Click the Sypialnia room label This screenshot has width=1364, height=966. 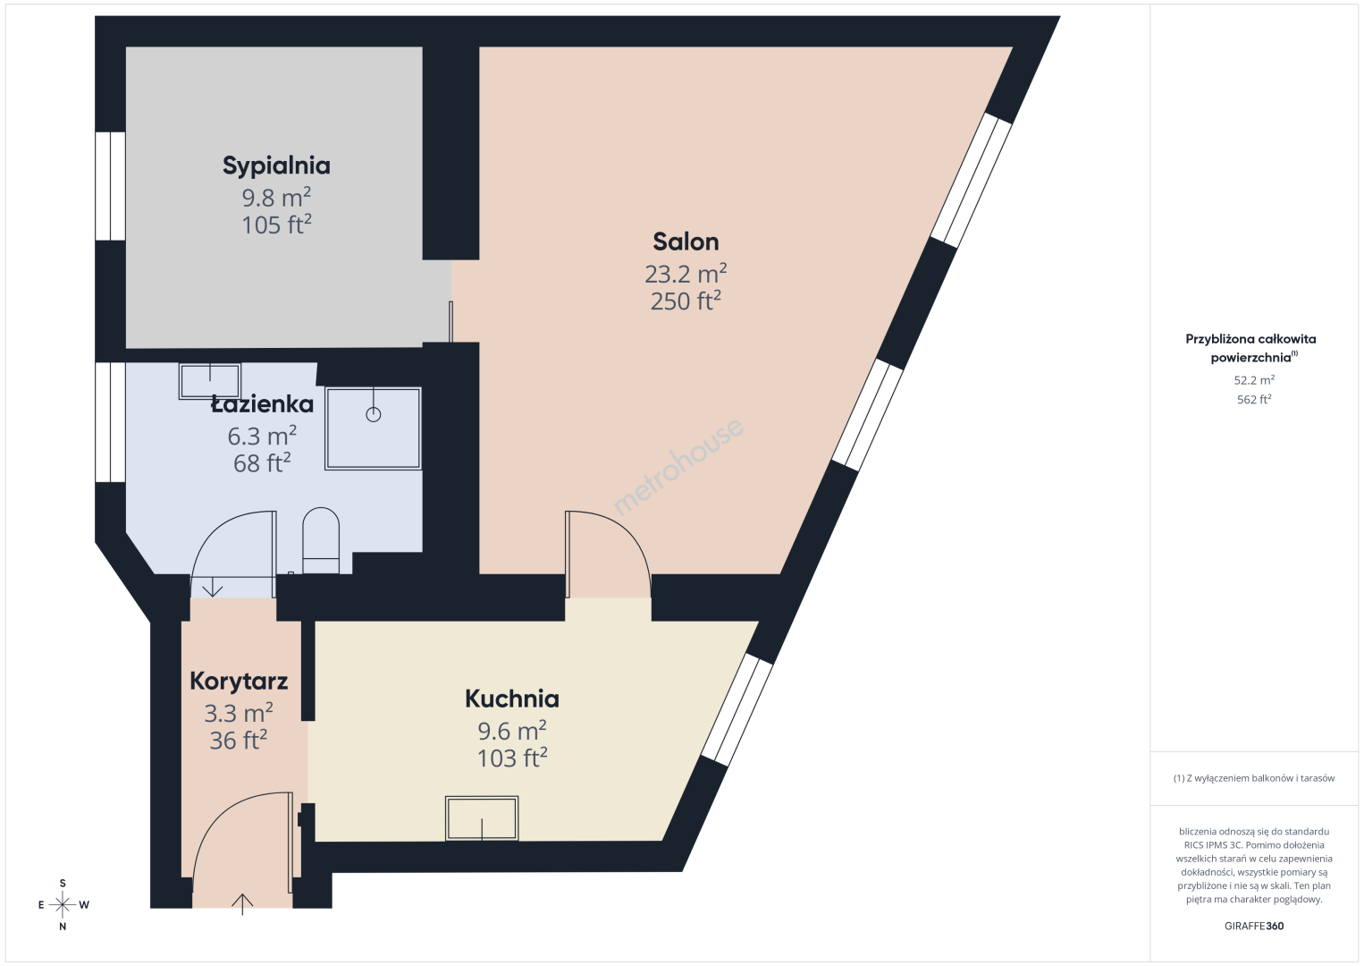276,165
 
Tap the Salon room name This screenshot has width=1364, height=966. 686,242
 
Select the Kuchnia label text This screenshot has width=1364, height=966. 512,699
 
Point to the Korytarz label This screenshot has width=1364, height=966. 239,682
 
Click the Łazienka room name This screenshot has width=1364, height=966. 263,404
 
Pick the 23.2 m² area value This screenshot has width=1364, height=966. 686,274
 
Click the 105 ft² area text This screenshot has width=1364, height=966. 276,225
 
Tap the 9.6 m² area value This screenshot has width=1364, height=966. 512,730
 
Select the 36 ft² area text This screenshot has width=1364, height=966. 239,740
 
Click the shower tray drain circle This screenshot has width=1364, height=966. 374,414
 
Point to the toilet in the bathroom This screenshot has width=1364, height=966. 321,540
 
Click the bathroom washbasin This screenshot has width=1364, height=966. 210,381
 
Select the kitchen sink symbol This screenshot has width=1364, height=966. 482,818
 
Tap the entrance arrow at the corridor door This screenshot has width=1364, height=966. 242,904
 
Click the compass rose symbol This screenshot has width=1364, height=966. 63,905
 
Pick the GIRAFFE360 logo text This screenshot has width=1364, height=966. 1254,926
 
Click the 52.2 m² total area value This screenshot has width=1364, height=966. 1254,380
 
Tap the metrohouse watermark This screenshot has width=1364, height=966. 678,466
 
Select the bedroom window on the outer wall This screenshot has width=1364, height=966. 110,186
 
